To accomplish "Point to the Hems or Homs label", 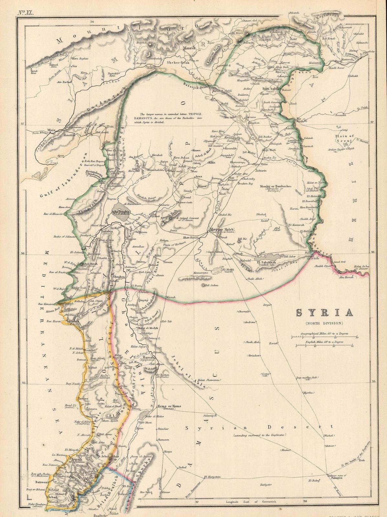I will click(167, 406).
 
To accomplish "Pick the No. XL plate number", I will click(24, 5).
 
